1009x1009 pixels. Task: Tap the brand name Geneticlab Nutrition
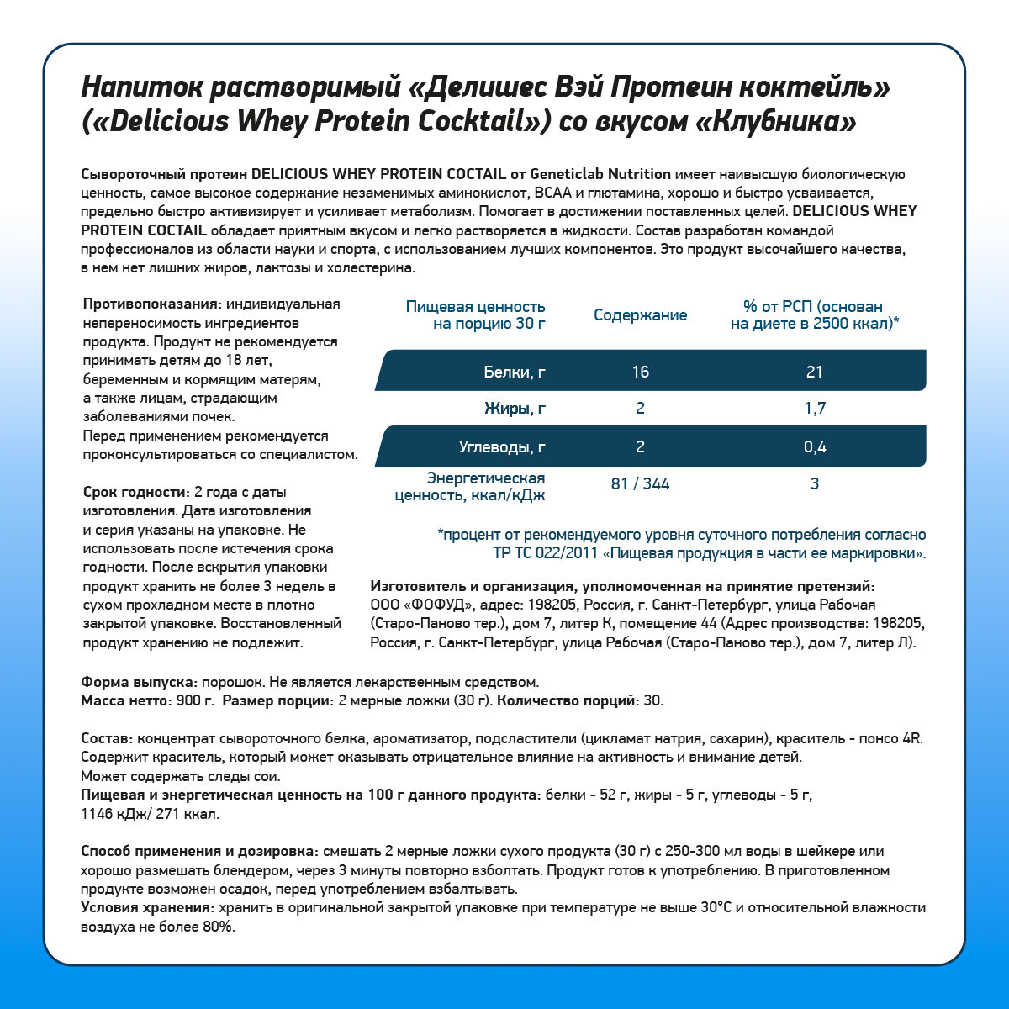(x=600, y=174)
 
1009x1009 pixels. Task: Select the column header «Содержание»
(x=640, y=315)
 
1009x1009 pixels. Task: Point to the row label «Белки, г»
(x=515, y=372)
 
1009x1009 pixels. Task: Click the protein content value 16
(x=640, y=372)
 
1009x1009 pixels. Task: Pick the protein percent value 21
(x=814, y=372)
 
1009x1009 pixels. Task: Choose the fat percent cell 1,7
(x=814, y=409)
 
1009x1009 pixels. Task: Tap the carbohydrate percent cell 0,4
(x=814, y=446)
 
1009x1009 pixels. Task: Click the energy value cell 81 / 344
(x=640, y=483)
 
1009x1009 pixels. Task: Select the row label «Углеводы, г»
(x=502, y=446)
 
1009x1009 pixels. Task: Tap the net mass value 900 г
(x=195, y=700)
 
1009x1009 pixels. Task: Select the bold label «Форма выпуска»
(x=139, y=682)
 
